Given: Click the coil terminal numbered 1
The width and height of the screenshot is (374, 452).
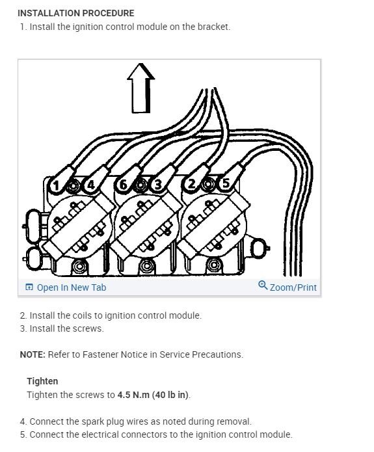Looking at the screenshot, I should [57, 185].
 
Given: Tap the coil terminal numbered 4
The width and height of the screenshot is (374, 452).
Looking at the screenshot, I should [90, 185].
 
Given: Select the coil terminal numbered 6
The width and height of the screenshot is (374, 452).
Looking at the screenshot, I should [122, 185].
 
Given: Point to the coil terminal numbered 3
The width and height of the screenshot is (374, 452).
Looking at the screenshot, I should [157, 185].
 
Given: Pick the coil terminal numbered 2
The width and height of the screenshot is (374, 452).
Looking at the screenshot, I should [191, 185].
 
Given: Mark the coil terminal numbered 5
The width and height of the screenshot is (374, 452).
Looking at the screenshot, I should [225, 184].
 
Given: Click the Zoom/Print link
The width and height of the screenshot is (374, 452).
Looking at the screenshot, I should [293, 287].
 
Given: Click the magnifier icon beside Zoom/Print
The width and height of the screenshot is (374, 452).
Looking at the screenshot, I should [263, 286].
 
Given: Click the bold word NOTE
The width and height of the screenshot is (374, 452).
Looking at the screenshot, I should [32, 354].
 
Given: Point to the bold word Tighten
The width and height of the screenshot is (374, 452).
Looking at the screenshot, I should [42, 381].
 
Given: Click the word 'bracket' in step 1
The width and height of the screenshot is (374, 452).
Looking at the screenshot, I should [214, 27].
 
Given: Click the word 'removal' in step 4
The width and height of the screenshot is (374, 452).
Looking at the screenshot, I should [234, 421].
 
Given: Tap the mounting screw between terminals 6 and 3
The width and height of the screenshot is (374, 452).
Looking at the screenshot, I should [139, 185].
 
